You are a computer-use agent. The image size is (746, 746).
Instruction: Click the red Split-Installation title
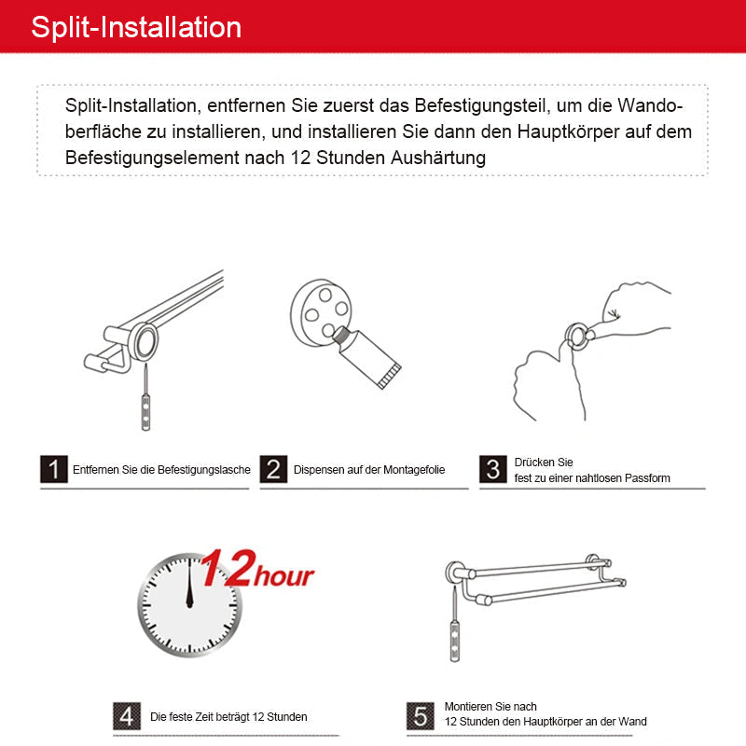click(x=136, y=27)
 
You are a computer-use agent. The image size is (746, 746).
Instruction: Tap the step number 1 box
click(x=54, y=469)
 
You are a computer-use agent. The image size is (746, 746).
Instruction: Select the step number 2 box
click(x=273, y=469)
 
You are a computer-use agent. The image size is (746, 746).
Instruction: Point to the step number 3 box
click(x=493, y=469)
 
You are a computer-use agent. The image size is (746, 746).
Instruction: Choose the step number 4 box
click(x=128, y=715)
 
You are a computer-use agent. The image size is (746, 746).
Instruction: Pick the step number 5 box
click(x=421, y=715)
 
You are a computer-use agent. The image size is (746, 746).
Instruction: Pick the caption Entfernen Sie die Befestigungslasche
click(x=161, y=470)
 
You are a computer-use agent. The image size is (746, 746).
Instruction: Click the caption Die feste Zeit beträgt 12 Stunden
click(x=228, y=717)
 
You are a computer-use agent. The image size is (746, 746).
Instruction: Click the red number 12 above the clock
click(x=226, y=568)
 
